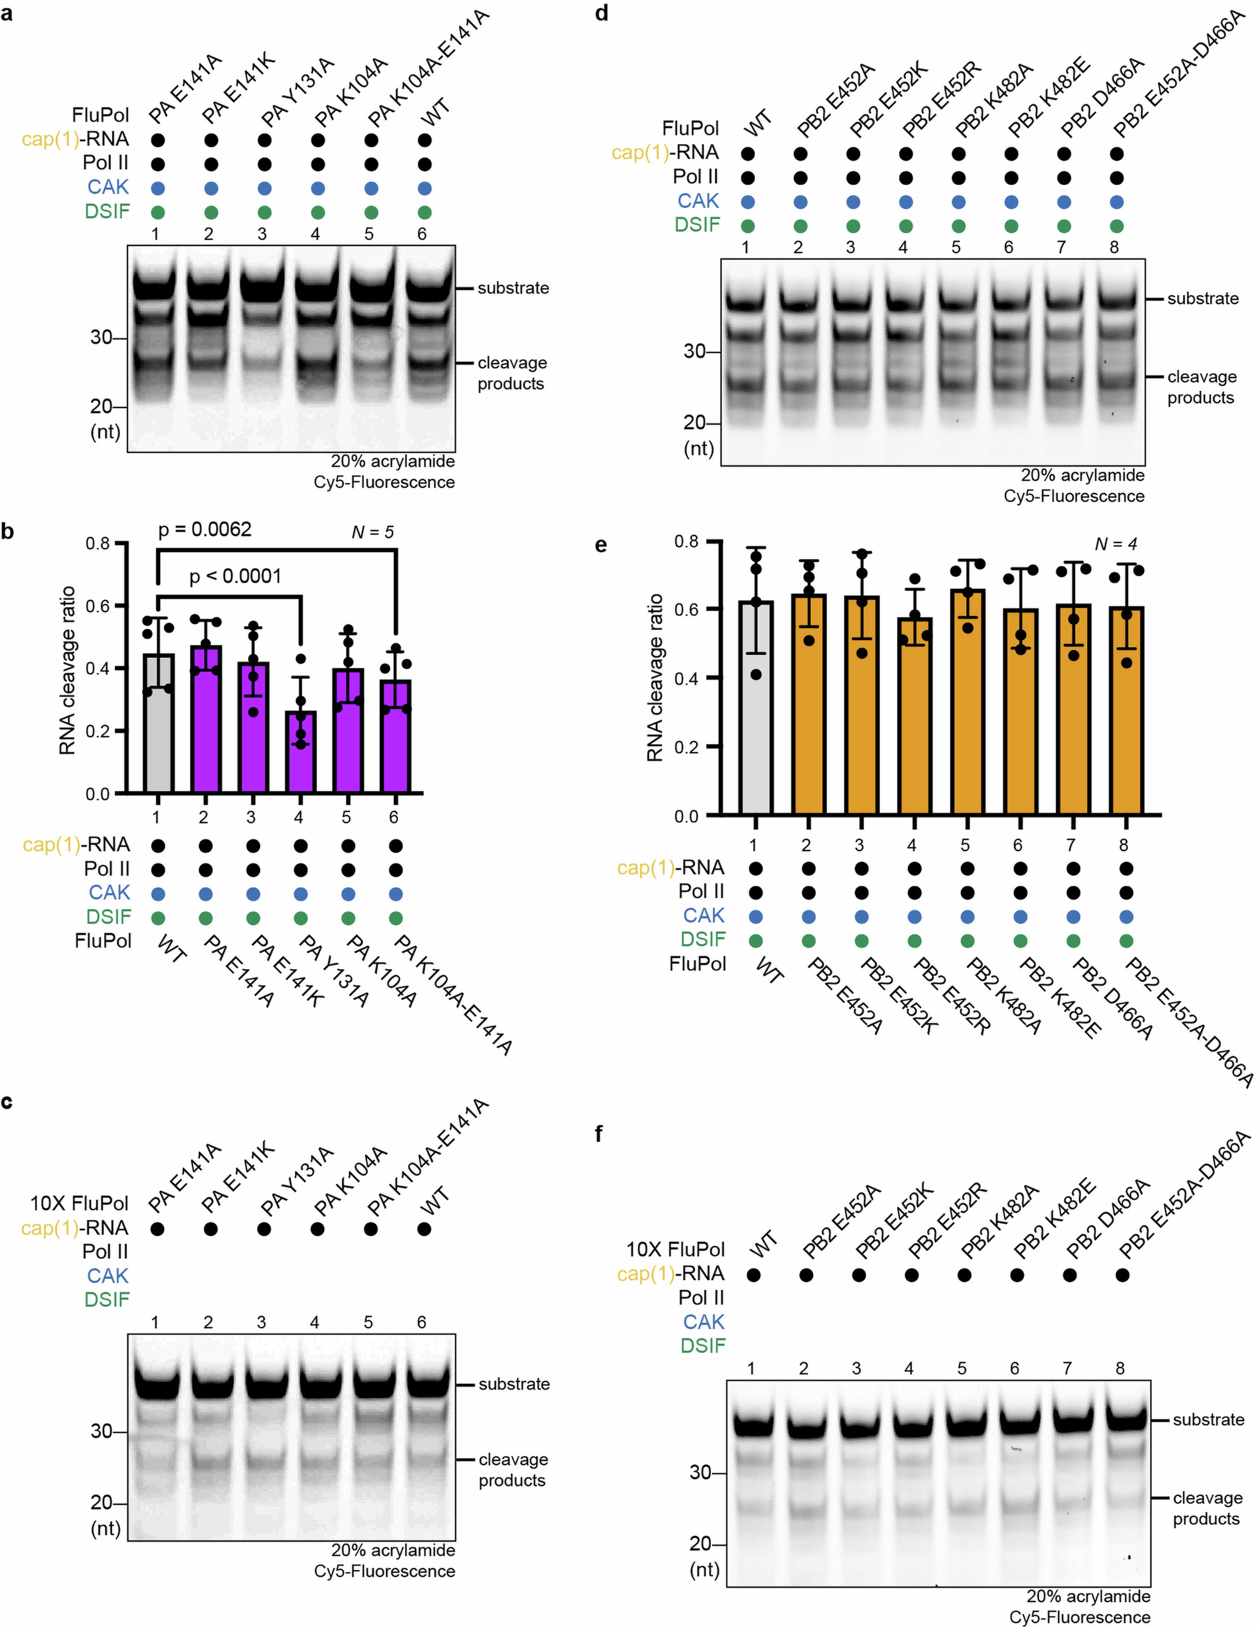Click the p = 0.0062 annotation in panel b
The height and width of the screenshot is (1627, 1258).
[205, 530]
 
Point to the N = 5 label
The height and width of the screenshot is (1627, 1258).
[372, 532]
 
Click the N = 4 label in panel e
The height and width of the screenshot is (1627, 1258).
[1115, 545]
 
